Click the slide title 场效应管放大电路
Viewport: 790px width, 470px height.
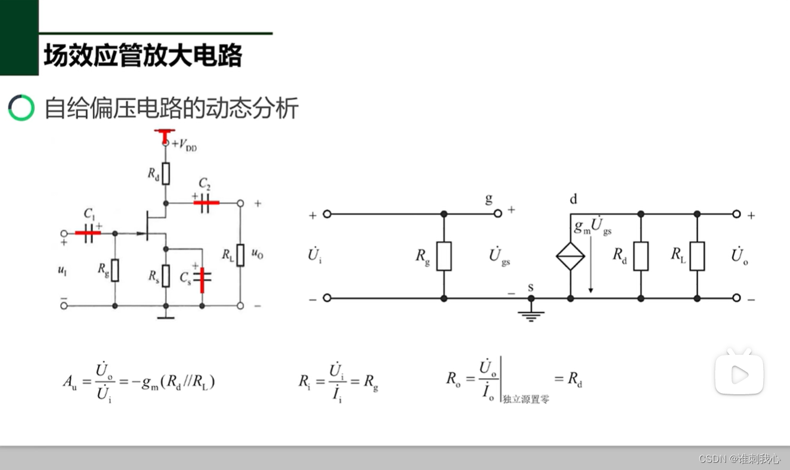(142, 56)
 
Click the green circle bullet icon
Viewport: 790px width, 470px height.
(21, 108)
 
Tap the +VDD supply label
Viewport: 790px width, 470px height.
(184, 145)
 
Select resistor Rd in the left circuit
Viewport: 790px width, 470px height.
(166, 174)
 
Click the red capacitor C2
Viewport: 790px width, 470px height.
(206, 203)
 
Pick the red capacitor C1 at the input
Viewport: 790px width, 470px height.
(88, 233)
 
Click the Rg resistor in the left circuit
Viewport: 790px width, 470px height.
(114, 270)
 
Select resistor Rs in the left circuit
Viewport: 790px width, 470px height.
(166, 276)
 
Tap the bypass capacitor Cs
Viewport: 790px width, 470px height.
(202, 280)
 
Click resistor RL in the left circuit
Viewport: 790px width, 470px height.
(240, 255)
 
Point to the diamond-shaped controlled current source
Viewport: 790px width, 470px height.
(571, 256)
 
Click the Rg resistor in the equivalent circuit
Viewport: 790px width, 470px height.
(444, 256)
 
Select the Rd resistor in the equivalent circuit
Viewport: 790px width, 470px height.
(640, 256)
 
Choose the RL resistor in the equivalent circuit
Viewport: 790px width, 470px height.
(696, 256)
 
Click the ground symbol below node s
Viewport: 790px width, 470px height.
(531, 314)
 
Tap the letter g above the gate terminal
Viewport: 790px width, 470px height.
(489, 199)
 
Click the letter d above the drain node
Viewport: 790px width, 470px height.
(573, 199)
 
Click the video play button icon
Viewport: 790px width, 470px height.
(739, 374)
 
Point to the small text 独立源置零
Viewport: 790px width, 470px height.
(526, 399)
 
